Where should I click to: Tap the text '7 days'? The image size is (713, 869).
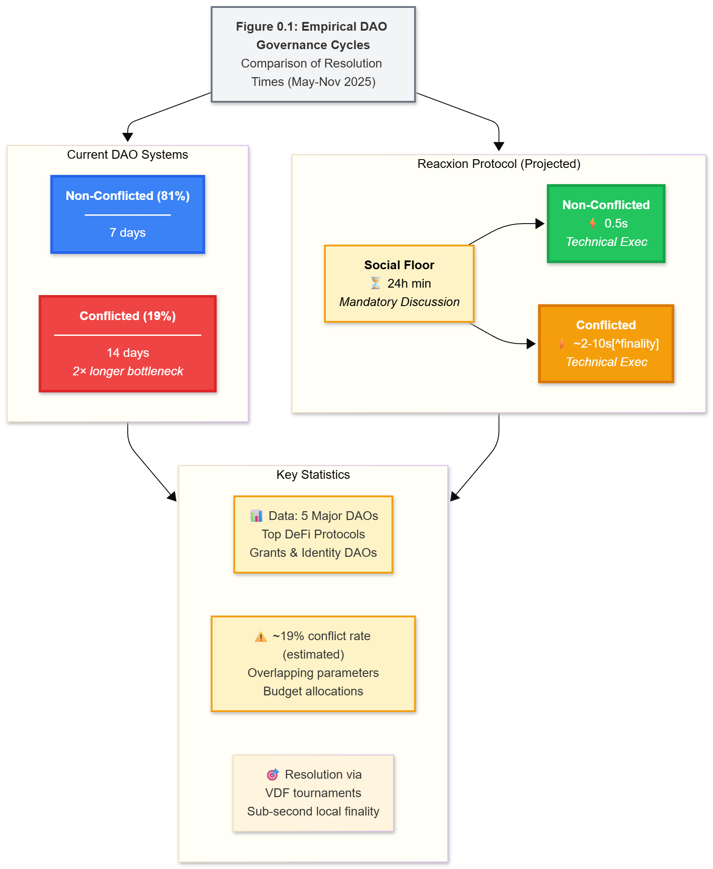point(128,232)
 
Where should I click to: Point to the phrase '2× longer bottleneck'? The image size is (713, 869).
point(128,371)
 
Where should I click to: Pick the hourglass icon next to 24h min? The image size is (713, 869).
point(376,283)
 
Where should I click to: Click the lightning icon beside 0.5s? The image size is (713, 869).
point(592,223)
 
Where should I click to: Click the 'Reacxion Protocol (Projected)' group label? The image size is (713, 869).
point(499,164)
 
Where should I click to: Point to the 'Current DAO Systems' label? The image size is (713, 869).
point(128,155)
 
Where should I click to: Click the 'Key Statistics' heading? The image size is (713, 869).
point(313,475)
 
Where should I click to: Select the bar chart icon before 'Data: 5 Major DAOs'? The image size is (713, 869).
point(257,516)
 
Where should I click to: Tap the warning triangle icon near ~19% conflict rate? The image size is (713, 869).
point(261,637)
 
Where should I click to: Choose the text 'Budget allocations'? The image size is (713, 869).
point(313,691)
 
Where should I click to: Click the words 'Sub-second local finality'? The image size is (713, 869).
point(313,812)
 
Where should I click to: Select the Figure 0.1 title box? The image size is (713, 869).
point(313,54)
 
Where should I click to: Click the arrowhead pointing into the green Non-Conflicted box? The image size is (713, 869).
point(540,224)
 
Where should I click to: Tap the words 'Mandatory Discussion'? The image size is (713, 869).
point(399,302)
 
